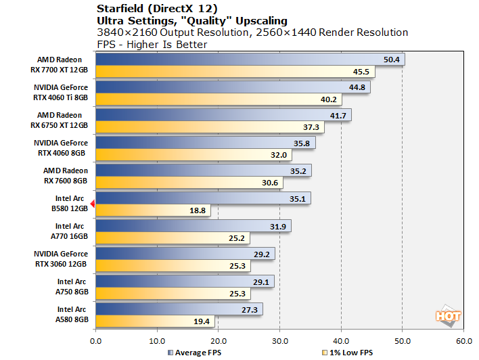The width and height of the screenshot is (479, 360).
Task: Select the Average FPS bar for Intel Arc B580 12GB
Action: (203, 198)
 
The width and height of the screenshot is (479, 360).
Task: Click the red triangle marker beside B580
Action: (93, 204)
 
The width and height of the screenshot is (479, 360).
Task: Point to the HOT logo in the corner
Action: (449, 316)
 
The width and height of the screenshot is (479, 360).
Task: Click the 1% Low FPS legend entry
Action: (348, 353)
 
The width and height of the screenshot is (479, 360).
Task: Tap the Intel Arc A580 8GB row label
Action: (71, 315)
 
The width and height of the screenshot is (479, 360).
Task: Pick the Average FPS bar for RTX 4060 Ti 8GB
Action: (233, 87)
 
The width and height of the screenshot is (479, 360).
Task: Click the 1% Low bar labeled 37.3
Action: (210, 127)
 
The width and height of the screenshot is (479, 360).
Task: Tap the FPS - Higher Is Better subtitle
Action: (152, 45)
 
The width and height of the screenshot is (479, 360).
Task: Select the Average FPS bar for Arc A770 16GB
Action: (193, 226)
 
